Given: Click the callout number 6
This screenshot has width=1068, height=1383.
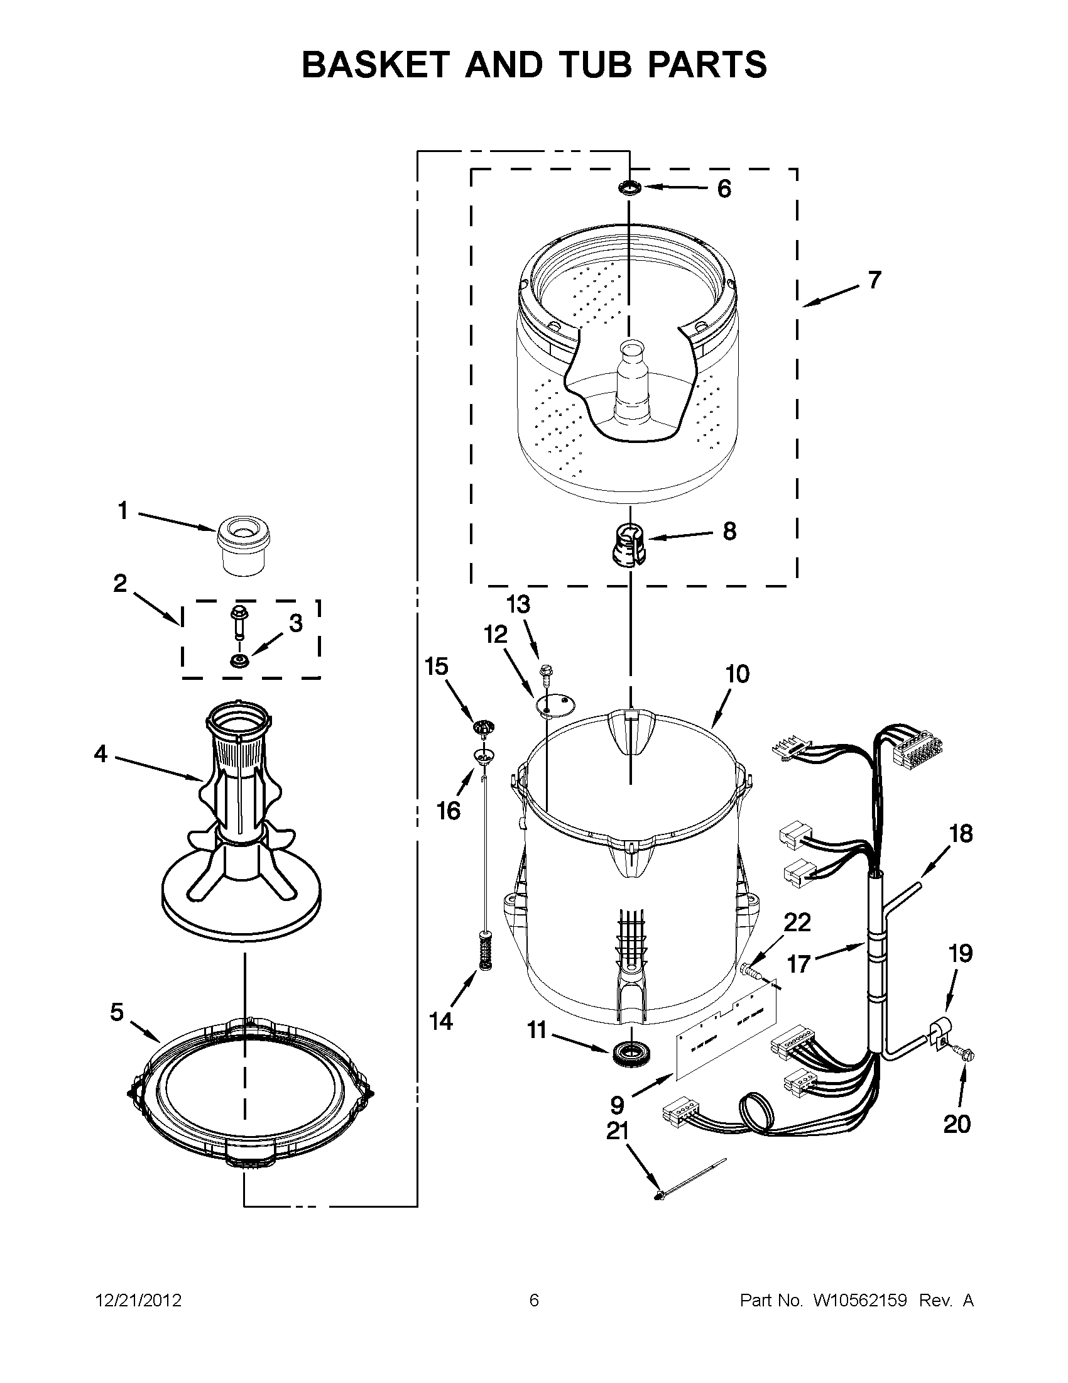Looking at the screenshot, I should (x=724, y=188).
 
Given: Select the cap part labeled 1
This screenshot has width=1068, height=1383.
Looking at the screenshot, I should (x=241, y=547).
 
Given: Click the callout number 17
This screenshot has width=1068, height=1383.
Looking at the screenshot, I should (x=798, y=982).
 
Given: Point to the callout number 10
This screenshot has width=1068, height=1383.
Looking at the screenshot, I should (x=737, y=674).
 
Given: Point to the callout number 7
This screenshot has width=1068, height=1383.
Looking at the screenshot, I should (x=874, y=279).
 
